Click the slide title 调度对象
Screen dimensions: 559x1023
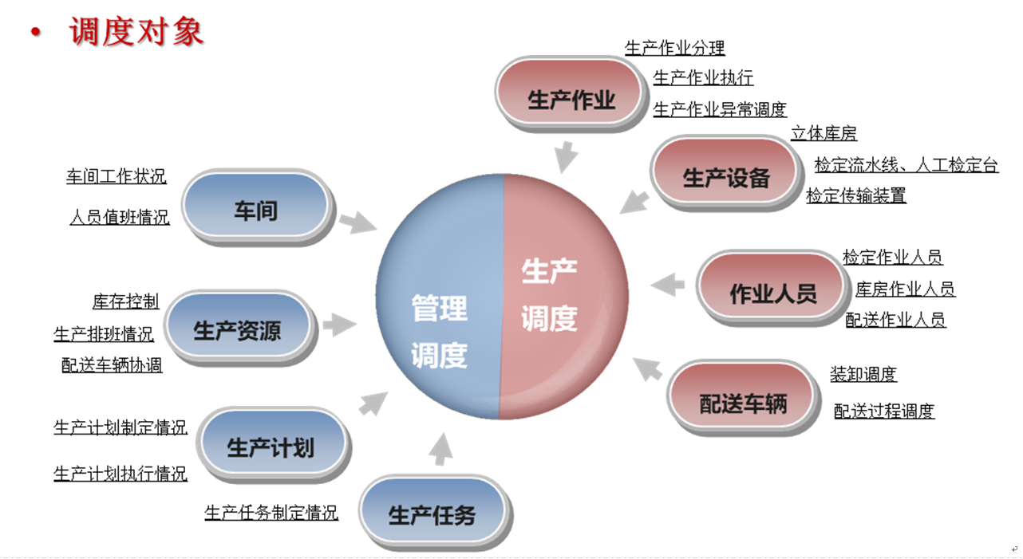pyautogui.click(x=136, y=32)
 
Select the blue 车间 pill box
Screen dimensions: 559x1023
pyautogui.click(x=255, y=210)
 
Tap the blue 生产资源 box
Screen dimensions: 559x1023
pyautogui.click(x=237, y=329)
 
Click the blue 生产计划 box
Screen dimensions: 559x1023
pyautogui.click(x=271, y=447)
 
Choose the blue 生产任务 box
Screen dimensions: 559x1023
pyautogui.click(x=432, y=514)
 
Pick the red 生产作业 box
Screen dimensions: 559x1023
pyautogui.click(x=571, y=100)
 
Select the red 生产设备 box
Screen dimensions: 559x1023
pyautogui.click(x=725, y=177)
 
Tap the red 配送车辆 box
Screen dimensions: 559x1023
pyautogui.click(x=743, y=403)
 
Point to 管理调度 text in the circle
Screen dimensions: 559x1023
pyautogui.click(x=440, y=330)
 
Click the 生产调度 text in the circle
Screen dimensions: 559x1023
pyautogui.click(x=549, y=295)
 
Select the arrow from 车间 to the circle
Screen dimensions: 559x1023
pyautogui.click(x=356, y=222)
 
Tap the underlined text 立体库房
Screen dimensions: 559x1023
pyautogui.click(x=824, y=134)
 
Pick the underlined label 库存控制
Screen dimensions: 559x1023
pyautogui.click(x=126, y=301)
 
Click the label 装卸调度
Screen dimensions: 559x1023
pyautogui.click(x=863, y=374)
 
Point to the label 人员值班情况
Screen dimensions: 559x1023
pyautogui.click(x=120, y=217)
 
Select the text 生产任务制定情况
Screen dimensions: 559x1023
pyautogui.click(x=271, y=513)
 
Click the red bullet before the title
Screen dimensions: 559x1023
pyautogui.click(x=34, y=33)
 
